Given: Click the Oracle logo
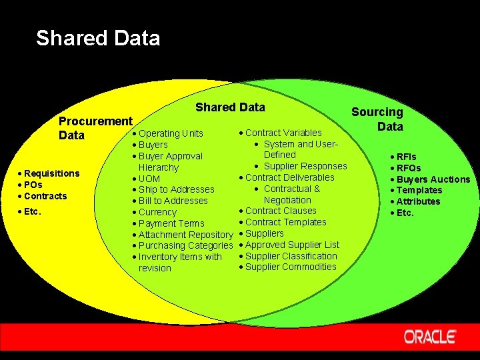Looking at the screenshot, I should [430, 336].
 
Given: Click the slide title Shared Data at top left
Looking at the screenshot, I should [98, 38].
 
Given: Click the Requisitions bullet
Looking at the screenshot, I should [51, 173].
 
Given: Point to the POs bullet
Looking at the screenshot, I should [33, 185].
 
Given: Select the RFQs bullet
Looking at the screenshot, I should [408, 168].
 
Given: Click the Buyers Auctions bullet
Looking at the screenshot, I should [433, 179].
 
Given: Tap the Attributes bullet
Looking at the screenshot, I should [418, 201].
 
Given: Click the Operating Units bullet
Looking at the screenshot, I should [171, 133].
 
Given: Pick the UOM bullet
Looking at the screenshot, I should [149, 179].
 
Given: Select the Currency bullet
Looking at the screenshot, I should [157, 212].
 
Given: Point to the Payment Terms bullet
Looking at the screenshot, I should [171, 223].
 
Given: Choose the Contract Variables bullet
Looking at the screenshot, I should [283, 133].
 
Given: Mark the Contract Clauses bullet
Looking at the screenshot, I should [281, 211].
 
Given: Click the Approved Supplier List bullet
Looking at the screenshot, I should [292, 245].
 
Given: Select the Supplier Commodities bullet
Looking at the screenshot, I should [291, 267].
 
